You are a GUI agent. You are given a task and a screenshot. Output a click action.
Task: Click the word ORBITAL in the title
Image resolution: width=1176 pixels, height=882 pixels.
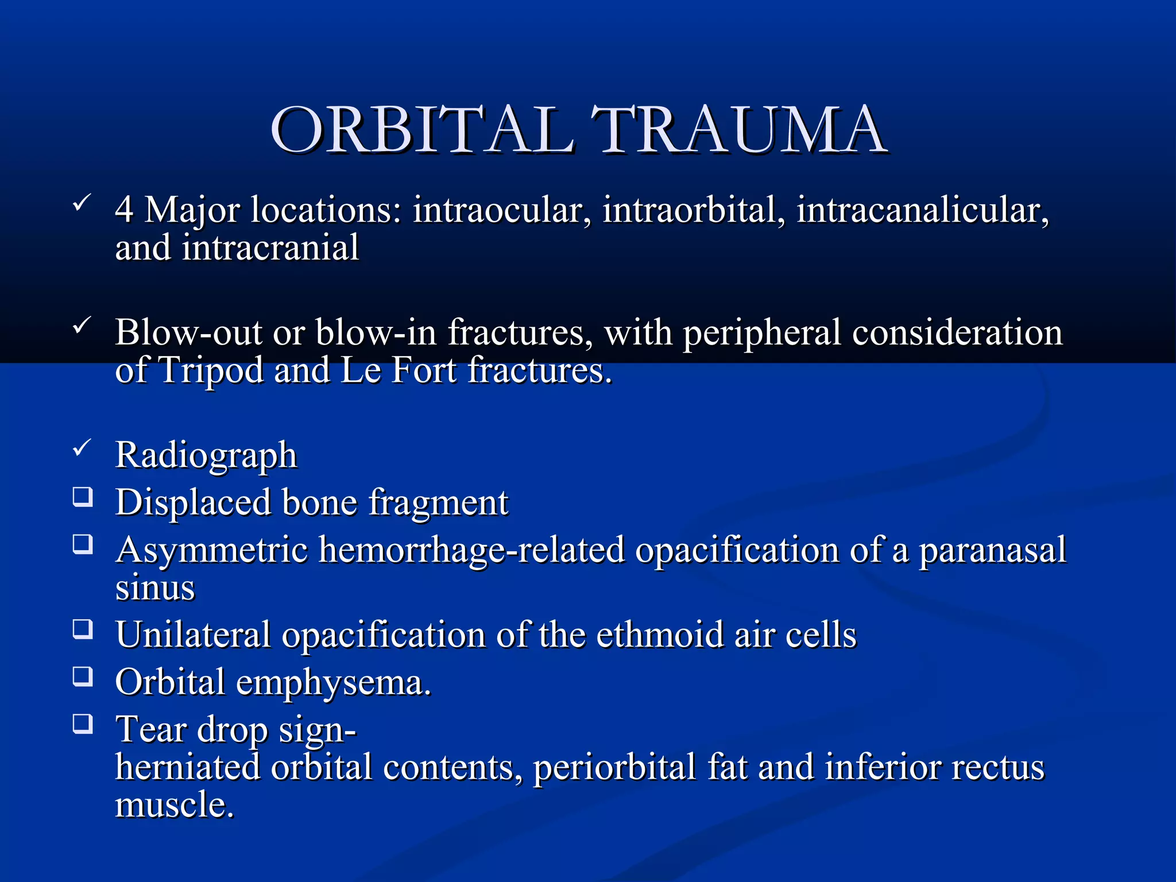422,131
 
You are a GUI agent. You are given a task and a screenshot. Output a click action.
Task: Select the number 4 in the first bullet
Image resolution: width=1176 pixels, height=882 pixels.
124,210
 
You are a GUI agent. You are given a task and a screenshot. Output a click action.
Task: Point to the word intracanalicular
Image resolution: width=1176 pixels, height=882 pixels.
922,210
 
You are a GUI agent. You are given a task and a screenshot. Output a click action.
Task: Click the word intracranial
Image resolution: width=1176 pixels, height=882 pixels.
270,248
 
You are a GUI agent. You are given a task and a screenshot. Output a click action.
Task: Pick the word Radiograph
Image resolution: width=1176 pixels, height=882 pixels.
206,455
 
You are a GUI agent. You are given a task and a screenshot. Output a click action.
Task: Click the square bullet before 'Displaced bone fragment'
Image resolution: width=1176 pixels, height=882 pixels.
83,496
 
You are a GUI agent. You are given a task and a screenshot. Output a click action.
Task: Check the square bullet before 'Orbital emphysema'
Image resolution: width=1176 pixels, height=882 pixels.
83,676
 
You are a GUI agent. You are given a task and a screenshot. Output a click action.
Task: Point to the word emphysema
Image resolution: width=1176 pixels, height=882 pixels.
333,683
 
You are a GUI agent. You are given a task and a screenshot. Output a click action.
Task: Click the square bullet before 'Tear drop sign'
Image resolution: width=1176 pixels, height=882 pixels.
83,724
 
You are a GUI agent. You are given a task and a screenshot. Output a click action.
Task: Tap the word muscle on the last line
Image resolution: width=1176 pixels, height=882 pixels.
174,804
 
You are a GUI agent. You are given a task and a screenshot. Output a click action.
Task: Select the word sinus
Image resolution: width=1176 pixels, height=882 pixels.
155,589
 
